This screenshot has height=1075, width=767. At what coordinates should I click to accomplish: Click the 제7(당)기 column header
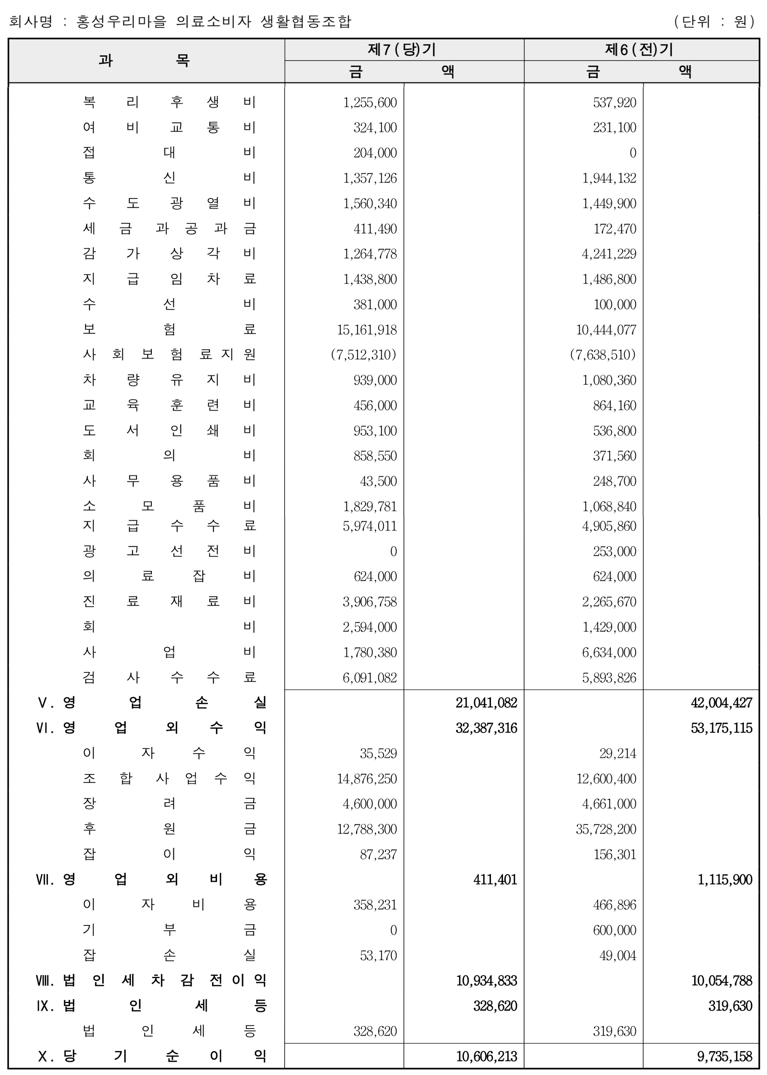[402, 50]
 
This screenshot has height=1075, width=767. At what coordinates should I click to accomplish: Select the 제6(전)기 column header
[639, 50]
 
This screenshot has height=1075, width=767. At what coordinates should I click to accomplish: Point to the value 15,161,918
[367, 329]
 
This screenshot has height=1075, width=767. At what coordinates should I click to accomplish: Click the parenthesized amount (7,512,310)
[363, 354]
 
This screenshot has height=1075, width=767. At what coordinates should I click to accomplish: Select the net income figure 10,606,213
[486, 1056]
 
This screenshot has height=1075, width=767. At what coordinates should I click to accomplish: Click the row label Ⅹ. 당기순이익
[152, 1056]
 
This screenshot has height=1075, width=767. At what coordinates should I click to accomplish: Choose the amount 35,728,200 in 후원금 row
[606, 829]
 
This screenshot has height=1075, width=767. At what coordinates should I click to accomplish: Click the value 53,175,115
[721, 728]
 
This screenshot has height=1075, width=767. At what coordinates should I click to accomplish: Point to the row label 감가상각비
[169, 253]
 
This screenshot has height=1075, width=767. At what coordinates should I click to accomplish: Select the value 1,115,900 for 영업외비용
[725, 879]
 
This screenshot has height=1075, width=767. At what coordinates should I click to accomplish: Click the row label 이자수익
[169, 753]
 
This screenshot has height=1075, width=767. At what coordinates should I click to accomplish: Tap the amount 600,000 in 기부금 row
[615, 930]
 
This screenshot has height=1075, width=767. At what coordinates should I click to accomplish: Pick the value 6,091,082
[370, 677]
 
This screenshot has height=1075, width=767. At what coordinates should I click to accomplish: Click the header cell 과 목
[144, 60]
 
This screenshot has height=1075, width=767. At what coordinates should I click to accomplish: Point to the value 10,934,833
[486, 980]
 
